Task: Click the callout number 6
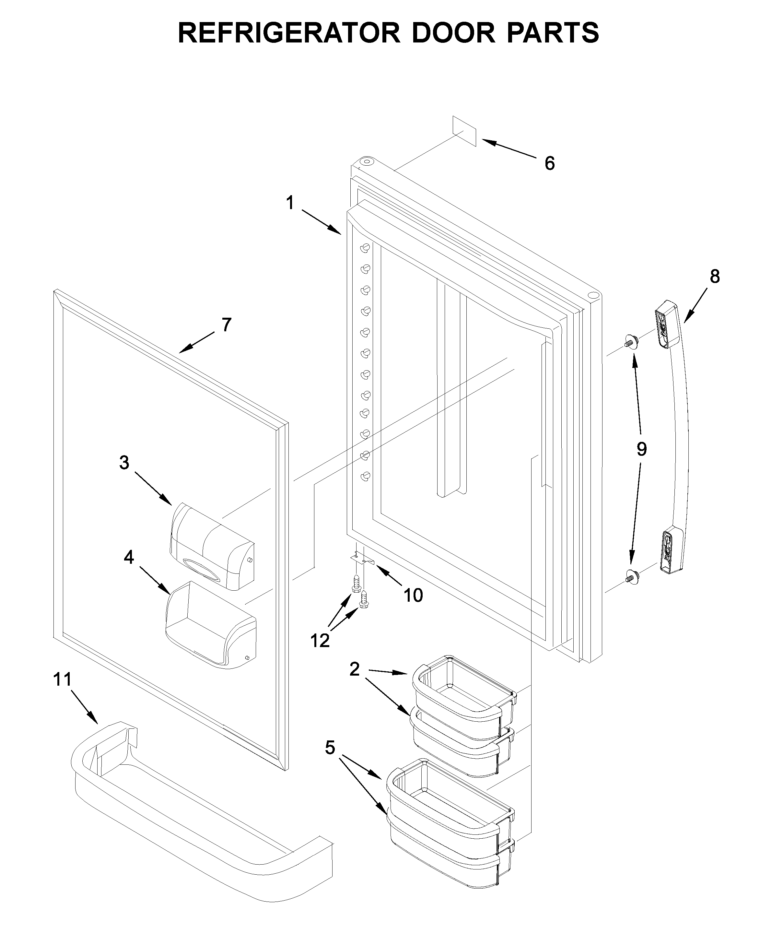point(550,164)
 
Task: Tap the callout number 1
point(290,203)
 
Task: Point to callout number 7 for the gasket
point(226,325)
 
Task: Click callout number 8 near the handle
point(715,277)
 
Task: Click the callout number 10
point(413,595)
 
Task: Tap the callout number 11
point(62,679)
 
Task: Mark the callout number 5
point(330,748)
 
